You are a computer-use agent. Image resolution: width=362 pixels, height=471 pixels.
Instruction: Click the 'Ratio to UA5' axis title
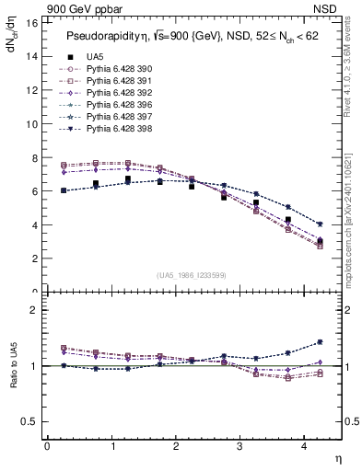(x=13, y=377)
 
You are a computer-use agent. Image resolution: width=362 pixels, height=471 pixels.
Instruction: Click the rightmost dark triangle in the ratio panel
(x=320, y=342)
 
